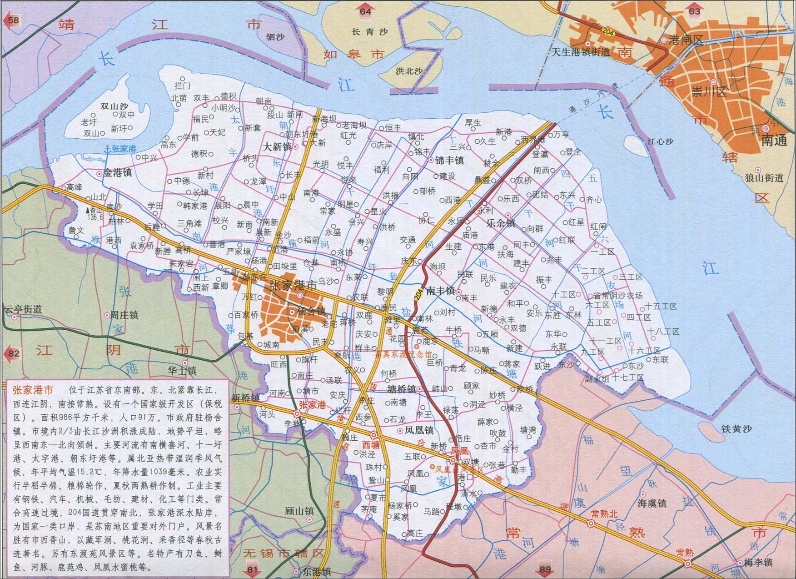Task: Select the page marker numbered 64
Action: pos(365,11)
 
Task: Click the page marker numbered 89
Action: pos(545,569)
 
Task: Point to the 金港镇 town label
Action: pos(118,173)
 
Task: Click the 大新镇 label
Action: pos(278,147)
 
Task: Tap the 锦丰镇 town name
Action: pos(449,160)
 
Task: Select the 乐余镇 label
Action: pos(501,223)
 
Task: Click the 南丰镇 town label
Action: pos(440,291)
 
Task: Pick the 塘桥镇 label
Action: pos(401,389)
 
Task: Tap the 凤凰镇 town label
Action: pos(419,430)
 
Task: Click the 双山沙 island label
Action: pos(114,106)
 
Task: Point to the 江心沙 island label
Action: pos(660,141)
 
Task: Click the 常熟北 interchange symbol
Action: pos(591,524)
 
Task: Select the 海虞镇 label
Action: pos(652,503)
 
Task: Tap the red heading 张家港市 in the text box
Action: pos(32,390)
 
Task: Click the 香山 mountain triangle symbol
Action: pos(89,211)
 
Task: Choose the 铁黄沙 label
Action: pos(736,429)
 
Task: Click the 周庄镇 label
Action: pos(124,315)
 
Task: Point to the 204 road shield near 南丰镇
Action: pos(418,294)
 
